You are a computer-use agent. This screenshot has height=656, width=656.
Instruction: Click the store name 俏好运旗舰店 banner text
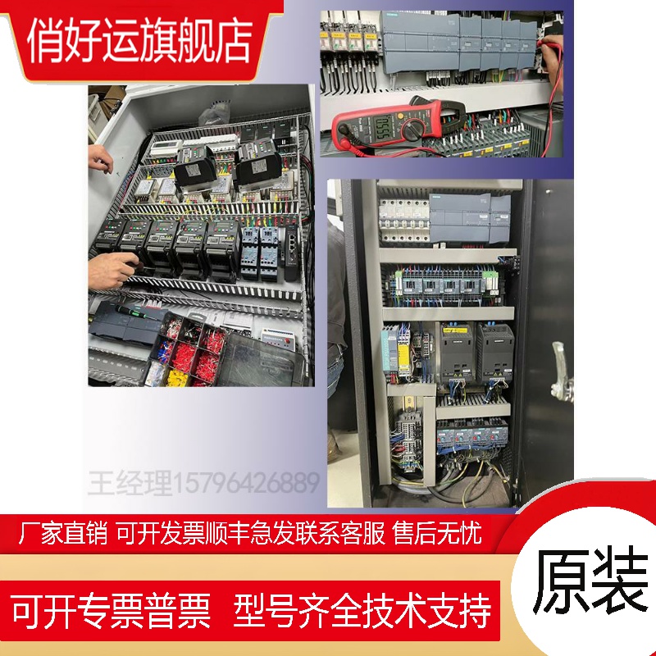tap(139, 41)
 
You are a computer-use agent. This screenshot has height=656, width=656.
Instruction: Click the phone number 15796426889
tap(248, 482)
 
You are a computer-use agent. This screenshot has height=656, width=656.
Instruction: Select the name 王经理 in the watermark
tap(131, 482)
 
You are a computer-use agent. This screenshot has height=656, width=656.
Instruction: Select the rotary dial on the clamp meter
tap(413, 127)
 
